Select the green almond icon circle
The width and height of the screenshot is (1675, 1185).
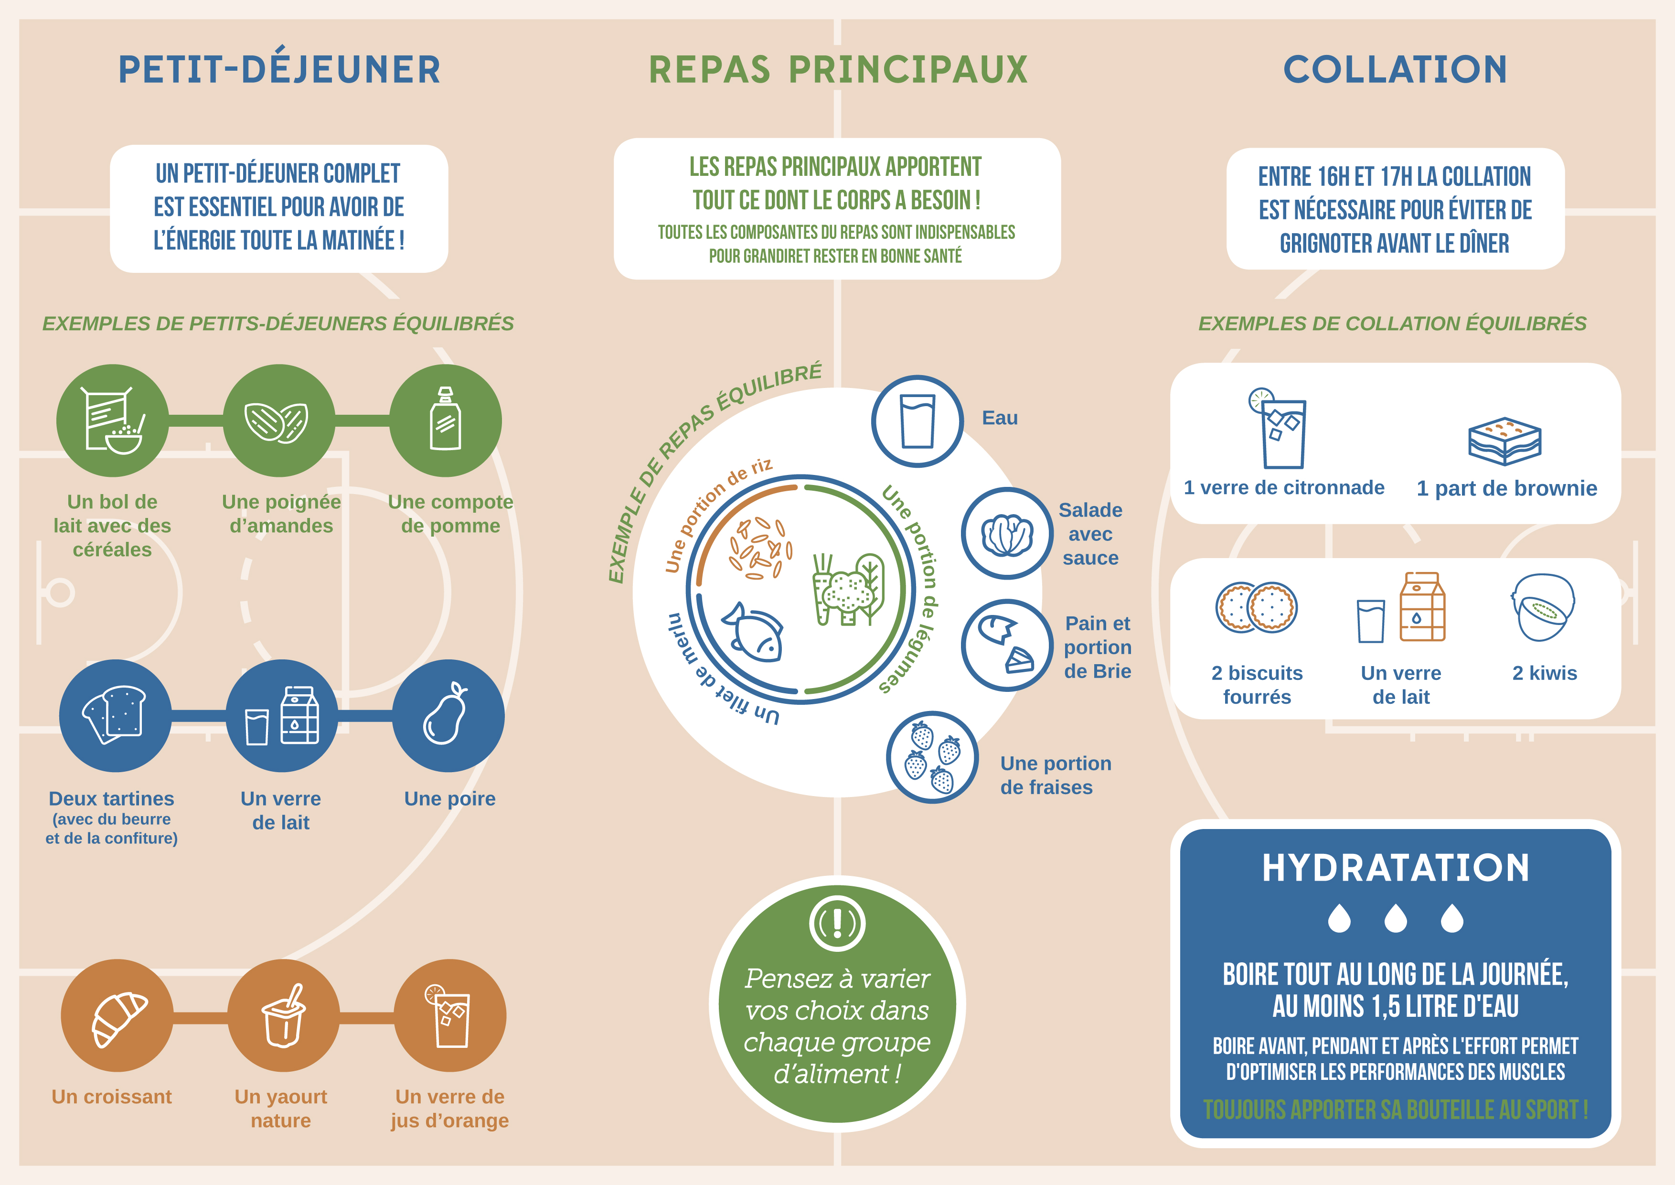[x=278, y=420]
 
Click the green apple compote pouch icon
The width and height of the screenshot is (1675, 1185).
[x=446, y=420]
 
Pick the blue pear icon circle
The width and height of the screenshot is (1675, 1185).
[x=448, y=716]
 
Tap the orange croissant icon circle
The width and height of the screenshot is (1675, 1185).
[x=117, y=1015]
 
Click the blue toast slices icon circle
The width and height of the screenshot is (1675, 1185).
[x=115, y=716]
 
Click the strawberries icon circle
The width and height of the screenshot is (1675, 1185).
[x=932, y=757]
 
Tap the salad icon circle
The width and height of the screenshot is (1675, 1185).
[x=1007, y=533]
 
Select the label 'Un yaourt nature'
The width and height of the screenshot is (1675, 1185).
[x=281, y=1109]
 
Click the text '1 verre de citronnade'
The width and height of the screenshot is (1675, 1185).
[x=1284, y=487]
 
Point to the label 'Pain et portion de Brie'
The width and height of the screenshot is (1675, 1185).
[x=1097, y=647]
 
